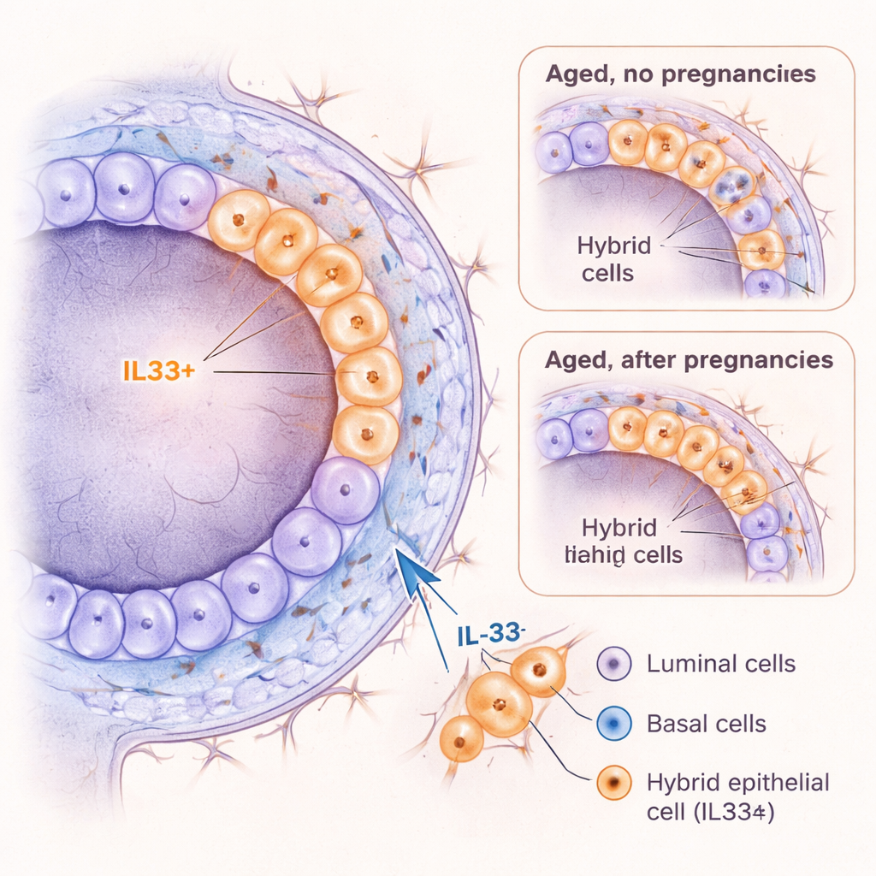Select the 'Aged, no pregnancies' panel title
[680, 74]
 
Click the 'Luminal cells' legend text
[721, 663]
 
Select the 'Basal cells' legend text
[706, 724]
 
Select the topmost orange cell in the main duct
[239, 220]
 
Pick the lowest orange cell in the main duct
[365, 435]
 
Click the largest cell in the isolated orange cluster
[500, 704]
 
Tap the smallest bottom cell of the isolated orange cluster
[462, 738]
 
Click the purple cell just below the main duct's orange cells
[345, 490]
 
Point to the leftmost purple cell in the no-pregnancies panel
[553, 153]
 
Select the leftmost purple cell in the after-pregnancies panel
[553, 437]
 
